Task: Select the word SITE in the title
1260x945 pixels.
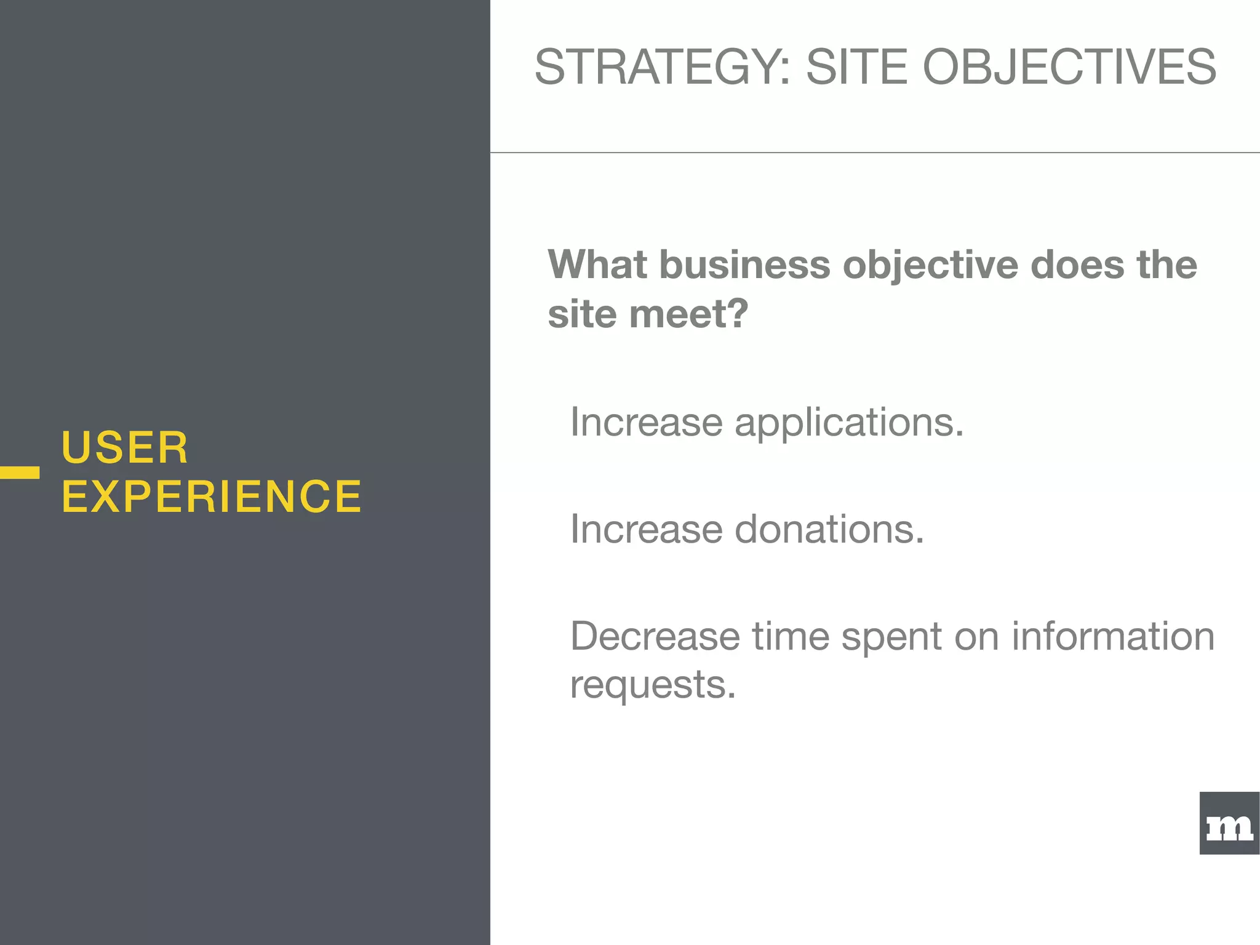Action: point(856,66)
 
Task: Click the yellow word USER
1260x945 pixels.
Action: point(125,447)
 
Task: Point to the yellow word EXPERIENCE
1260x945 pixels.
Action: point(212,496)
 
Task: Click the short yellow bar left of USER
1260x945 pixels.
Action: point(20,472)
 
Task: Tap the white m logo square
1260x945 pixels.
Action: point(1229,823)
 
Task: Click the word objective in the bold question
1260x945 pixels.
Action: point(930,266)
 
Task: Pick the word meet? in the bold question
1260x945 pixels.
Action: point(688,314)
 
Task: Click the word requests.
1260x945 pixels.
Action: point(653,685)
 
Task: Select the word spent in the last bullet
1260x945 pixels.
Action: point(891,637)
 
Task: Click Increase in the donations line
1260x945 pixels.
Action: point(646,529)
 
